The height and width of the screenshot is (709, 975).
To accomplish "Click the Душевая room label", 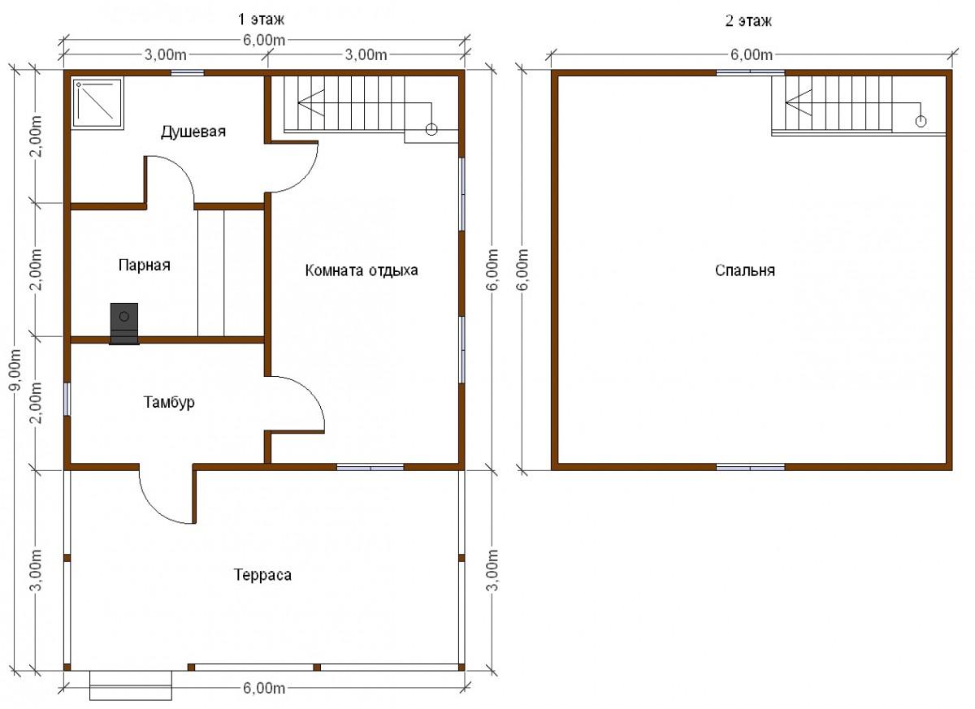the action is (x=193, y=132).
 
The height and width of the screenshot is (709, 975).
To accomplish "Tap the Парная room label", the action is (x=145, y=266).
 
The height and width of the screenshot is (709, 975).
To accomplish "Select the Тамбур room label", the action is (x=169, y=402).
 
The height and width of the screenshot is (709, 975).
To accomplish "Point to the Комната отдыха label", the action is (x=362, y=270).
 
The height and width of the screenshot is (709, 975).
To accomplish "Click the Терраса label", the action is (x=263, y=575).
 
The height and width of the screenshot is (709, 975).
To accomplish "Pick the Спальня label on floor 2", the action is (x=745, y=270).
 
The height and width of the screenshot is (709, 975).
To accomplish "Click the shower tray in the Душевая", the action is (x=98, y=104).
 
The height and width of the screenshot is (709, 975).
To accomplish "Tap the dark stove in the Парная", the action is (x=124, y=323).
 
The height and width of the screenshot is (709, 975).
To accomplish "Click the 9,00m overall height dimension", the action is (x=16, y=370).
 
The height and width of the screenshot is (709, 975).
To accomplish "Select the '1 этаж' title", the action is (x=261, y=20).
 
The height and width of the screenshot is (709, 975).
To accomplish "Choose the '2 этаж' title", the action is (x=748, y=21).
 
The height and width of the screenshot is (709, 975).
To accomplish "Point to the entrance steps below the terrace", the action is (x=131, y=685).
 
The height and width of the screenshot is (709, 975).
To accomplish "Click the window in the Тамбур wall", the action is (x=67, y=400).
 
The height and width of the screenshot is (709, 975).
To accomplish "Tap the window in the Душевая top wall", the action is (x=187, y=72).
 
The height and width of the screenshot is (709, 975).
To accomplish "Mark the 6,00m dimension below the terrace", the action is (x=264, y=688).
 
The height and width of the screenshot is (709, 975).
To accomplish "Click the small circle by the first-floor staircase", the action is (x=431, y=129).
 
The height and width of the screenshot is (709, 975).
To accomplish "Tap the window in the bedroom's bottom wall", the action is (x=751, y=467).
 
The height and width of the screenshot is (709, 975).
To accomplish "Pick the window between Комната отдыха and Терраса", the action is (x=370, y=467).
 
